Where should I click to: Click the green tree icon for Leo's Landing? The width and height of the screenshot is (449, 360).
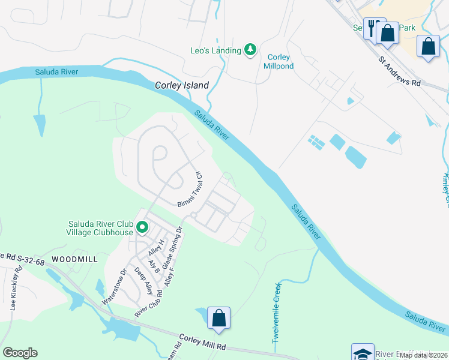[250, 50]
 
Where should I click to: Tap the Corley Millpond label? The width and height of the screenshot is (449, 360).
[279, 62]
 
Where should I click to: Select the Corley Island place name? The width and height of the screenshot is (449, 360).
[182, 85]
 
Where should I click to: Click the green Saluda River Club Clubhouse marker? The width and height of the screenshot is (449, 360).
[142, 227]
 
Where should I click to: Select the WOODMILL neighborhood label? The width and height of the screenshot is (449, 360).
[74, 259]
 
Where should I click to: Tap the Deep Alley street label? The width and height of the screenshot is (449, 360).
[143, 281]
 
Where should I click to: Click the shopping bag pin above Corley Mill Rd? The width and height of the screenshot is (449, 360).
[218, 318]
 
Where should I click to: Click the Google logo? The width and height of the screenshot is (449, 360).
[20, 353]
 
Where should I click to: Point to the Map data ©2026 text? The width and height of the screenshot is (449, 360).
[423, 355]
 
